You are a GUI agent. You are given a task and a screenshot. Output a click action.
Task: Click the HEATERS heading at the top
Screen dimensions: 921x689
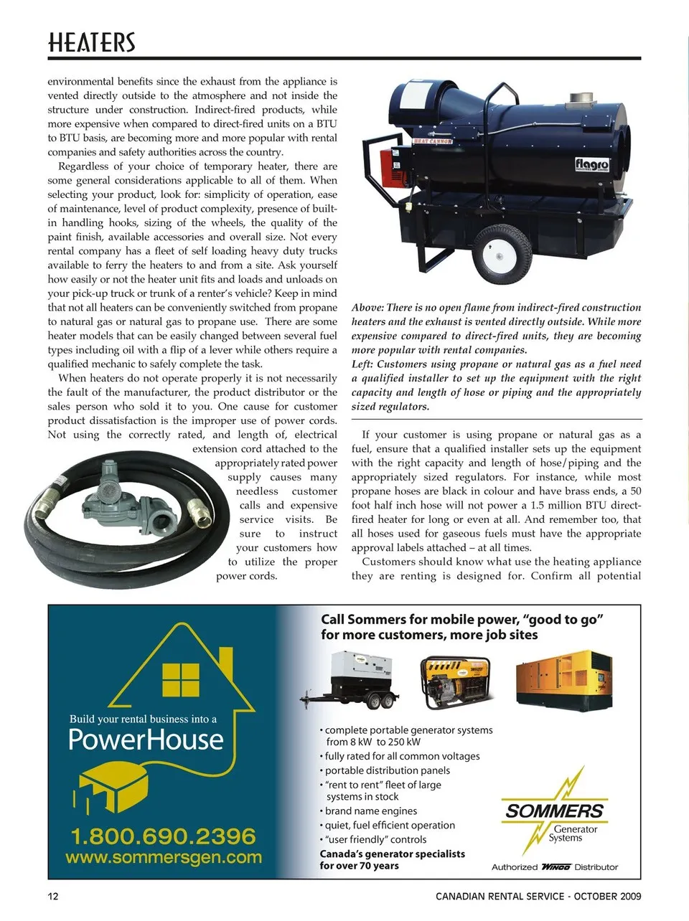[x=91, y=43]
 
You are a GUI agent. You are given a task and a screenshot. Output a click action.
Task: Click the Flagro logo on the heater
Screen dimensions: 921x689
[x=591, y=164]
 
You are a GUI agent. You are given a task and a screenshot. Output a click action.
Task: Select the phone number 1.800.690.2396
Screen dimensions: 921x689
[x=163, y=836]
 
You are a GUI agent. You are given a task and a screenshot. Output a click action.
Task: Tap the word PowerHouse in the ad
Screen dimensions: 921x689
[x=146, y=740]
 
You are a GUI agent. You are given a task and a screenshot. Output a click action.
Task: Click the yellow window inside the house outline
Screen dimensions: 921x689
[x=181, y=679]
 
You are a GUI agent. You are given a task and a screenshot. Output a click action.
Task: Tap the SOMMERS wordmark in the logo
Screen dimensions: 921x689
[x=554, y=811]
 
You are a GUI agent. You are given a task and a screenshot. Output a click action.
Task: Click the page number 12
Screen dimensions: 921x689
[x=53, y=896]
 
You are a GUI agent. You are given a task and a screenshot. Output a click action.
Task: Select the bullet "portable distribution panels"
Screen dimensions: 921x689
[x=388, y=770]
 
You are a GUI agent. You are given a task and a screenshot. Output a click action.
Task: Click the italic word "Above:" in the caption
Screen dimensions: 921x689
[x=367, y=308]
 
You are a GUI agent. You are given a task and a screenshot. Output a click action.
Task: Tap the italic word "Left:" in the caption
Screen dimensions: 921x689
[x=363, y=364]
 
